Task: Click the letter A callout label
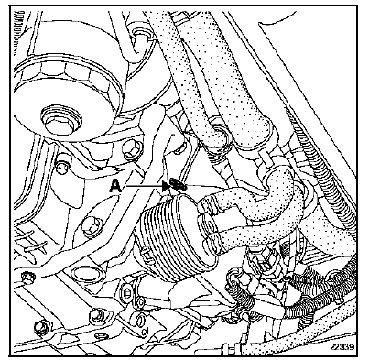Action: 115,185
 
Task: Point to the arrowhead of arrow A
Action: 167,185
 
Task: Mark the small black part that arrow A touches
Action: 177,184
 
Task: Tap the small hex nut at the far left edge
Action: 27,278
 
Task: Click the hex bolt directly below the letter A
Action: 91,227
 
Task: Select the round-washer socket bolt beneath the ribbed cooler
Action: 127,292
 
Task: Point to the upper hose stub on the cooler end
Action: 205,202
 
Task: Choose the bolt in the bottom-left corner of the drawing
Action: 40,327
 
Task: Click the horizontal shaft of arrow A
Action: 144,185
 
